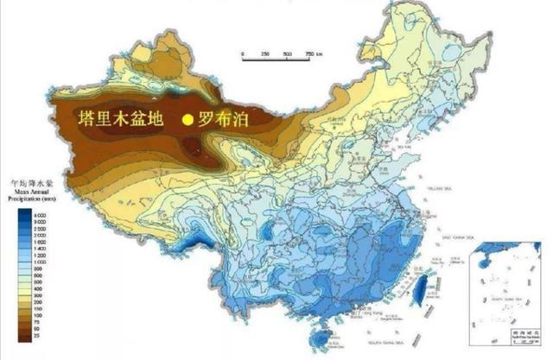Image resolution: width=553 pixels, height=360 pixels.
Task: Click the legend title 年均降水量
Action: (28, 186)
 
